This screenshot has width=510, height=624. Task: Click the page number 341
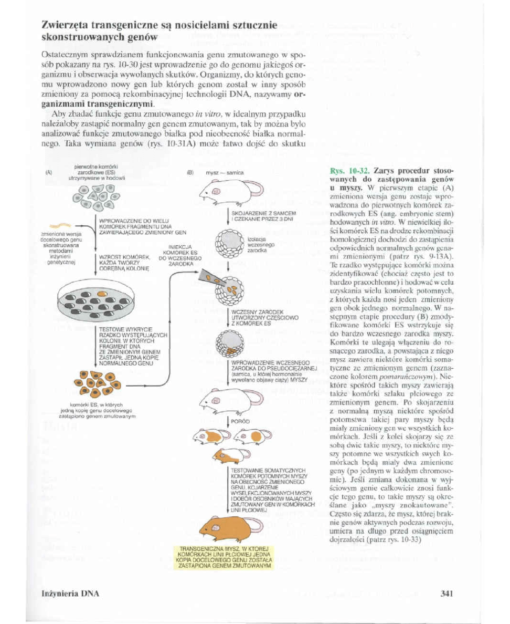tap(447, 594)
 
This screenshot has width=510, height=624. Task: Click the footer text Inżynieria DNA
tap(70, 594)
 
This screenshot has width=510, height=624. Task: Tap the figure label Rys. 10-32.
tap(344, 172)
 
